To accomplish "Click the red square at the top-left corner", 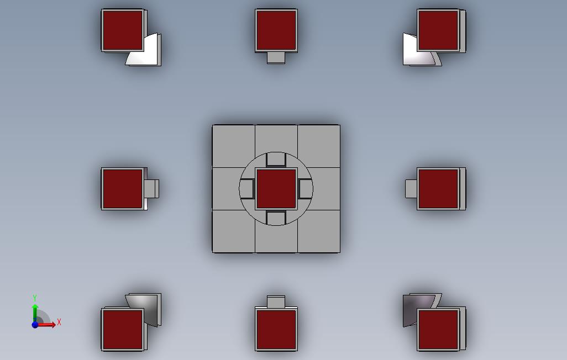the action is pos(123,30).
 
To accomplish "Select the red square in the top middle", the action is pos(276,30).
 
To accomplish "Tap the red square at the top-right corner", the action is pos(438,30).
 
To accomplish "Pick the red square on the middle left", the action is pos(123,189).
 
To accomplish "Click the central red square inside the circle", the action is pos(276,189).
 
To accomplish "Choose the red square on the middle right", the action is pos(438,189).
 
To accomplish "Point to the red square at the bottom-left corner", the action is pos(123,329).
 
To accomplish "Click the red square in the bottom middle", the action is pos(276,329).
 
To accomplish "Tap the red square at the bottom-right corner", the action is pos(438,329).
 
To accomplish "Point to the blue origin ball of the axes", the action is pos(35,325).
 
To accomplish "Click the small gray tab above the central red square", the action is pos(276,160).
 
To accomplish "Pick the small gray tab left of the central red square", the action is pos(246,189).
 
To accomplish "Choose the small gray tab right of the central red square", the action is pos(306,189).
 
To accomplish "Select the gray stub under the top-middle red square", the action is pos(276,58).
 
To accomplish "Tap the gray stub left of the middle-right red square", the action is pos(411,189).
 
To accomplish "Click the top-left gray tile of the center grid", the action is pos(234,146).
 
